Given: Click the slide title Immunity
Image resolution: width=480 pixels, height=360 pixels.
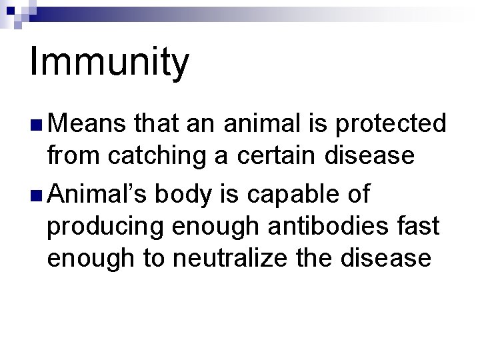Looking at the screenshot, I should pyautogui.click(x=109, y=62).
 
